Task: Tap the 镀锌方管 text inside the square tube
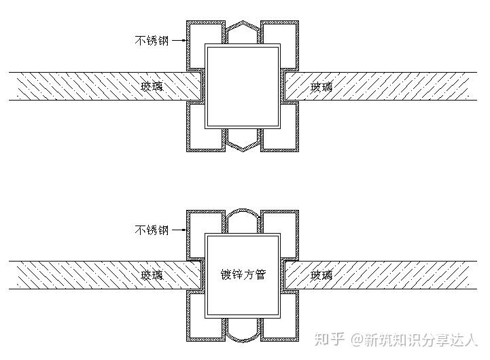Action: point(243,275)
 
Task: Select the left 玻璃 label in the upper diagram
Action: point(152,86)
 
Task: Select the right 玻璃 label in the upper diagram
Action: point(322,86)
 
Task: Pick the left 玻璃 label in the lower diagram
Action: point(152,275)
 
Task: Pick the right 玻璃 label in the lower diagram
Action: point(322,275)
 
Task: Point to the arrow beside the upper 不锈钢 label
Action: point(179,41)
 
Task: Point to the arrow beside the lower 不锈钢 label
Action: point(179,230)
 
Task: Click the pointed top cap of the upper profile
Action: point(243,31)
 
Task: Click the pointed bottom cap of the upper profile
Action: point(243,141)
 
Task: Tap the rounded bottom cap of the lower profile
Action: point(243,332)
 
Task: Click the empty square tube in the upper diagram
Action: point(243,86)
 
